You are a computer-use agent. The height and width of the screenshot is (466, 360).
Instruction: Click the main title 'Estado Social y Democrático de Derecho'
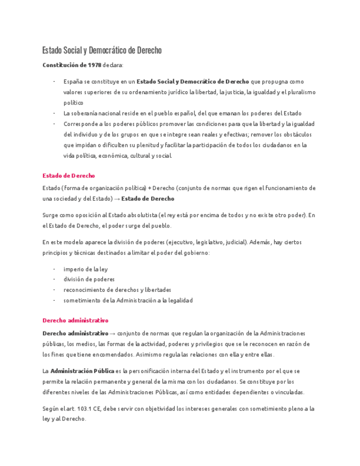click(102, 51)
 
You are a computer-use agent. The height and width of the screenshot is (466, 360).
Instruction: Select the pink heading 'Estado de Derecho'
click(69, 176)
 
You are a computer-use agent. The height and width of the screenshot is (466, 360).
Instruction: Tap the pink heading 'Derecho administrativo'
click(75, 320)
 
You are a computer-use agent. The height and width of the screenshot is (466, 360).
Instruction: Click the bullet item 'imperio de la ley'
click(86, 269)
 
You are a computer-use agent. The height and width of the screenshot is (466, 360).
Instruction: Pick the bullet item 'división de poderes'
click(89, 279)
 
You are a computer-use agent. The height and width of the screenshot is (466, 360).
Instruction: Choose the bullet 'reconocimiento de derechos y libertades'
click(117, 290)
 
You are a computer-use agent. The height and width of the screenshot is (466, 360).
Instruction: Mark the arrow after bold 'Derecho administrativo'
click(113, 334)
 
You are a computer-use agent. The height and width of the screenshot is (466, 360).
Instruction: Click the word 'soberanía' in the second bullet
click(85, 113)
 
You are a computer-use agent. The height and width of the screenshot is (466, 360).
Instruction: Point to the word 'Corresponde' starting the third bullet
click(80, 124)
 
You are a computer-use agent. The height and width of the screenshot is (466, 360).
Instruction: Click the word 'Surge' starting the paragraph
click(50, 215)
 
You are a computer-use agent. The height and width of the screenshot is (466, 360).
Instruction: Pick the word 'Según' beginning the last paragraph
click(51, 408)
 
